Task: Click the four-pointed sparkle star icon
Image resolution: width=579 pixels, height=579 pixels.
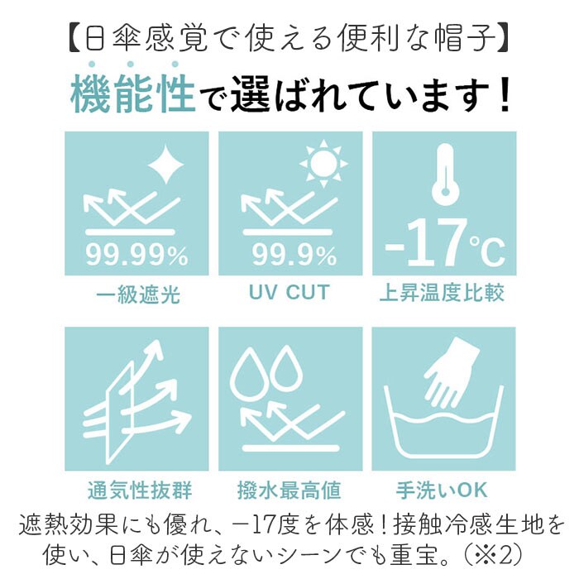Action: point(165,164)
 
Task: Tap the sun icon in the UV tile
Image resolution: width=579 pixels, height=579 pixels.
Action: point(323,163)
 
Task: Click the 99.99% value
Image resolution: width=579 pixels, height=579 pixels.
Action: point(137,255)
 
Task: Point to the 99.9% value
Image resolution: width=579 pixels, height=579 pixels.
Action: point(294,255)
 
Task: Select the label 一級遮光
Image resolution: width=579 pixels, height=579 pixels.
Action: point(138,294)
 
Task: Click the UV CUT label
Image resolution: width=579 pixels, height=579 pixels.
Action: point(289,293)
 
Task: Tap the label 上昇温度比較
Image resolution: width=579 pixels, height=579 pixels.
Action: point(442,293)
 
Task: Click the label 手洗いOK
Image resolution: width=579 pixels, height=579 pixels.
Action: point(442,490)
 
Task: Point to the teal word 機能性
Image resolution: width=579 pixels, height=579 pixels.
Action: point(132,93)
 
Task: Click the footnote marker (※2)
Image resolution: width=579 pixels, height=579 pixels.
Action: point(493,554)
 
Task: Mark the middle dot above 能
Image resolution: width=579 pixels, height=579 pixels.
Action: point(130,65)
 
